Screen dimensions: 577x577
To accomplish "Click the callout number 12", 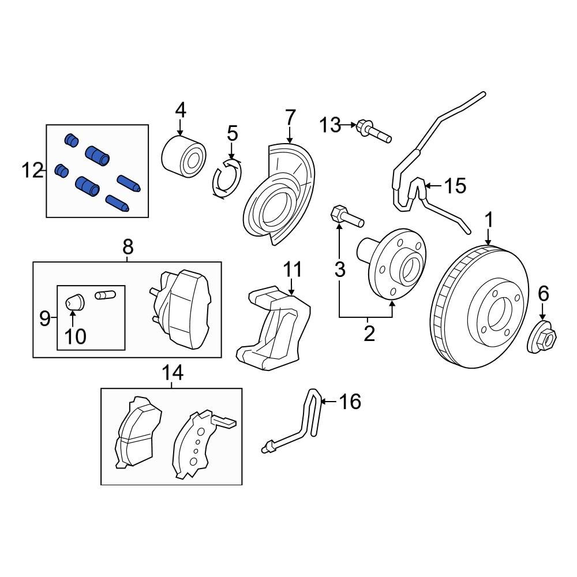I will coord(32,170).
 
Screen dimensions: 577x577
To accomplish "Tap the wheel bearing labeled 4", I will coord(183,154).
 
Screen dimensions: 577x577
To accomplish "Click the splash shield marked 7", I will coord(279,196).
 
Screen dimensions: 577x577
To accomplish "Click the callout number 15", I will coord(455,186).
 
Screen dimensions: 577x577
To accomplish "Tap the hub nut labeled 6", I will coord(542,337).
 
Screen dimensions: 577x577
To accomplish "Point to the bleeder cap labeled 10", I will coord(73,301).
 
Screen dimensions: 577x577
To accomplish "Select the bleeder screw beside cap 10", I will coord(105,295).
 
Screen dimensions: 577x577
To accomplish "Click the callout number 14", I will coord(172,373).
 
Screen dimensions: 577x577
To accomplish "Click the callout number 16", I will coord(349,401).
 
